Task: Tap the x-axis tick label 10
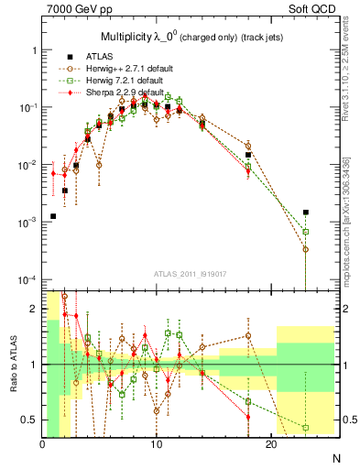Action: (x=157, y=444)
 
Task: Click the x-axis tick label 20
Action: (x=271, y=444)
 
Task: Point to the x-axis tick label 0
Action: (x=42, y=444)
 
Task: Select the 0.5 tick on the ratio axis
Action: (x=30, y=420)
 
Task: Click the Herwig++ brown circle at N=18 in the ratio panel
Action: (x=248, y=335)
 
